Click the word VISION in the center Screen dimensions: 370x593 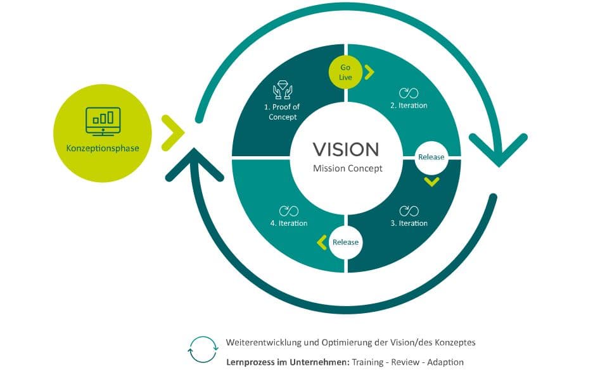tap(346, 149)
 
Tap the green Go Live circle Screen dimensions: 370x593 tap(345, 72)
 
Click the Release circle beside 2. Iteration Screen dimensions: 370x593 tap(431, 156)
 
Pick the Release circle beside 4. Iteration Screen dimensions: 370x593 tap(345, 242)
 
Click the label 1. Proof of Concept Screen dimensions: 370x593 tap(283, 112)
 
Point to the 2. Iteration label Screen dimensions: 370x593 tap(409, 106)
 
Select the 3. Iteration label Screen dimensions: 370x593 tap(409, 223)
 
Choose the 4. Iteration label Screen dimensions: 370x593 tap(289, 223)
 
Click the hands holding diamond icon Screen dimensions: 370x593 tap(282, 90)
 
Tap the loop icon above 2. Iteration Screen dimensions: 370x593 tap(409, 92)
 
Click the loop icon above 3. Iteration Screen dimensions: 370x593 tap(409, 210)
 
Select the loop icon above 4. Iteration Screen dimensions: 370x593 tap(289, 210)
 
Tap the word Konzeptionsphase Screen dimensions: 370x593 tap(103, 149)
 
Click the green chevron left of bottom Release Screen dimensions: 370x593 tap(321, 242)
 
